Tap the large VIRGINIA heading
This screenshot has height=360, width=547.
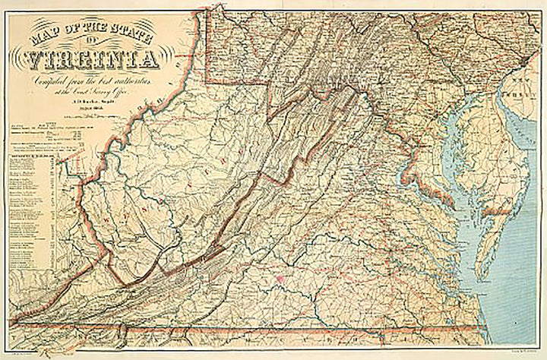point(91,59)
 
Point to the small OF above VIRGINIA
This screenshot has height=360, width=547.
point(94,40)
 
